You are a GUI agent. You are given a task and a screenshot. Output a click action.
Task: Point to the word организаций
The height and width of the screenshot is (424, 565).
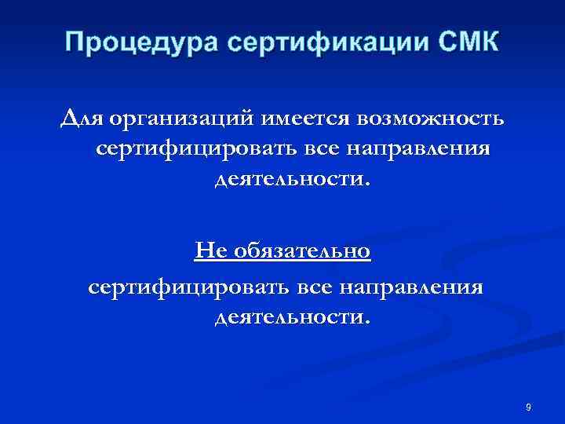tap(181, 119)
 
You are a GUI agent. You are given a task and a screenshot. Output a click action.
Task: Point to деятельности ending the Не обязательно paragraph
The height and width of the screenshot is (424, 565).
tap(291, 316)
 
